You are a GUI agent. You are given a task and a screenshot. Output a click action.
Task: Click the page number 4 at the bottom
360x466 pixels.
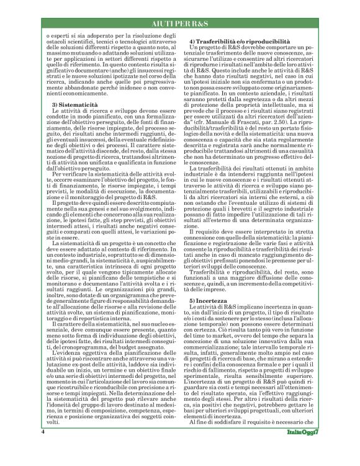pos(42,448)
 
